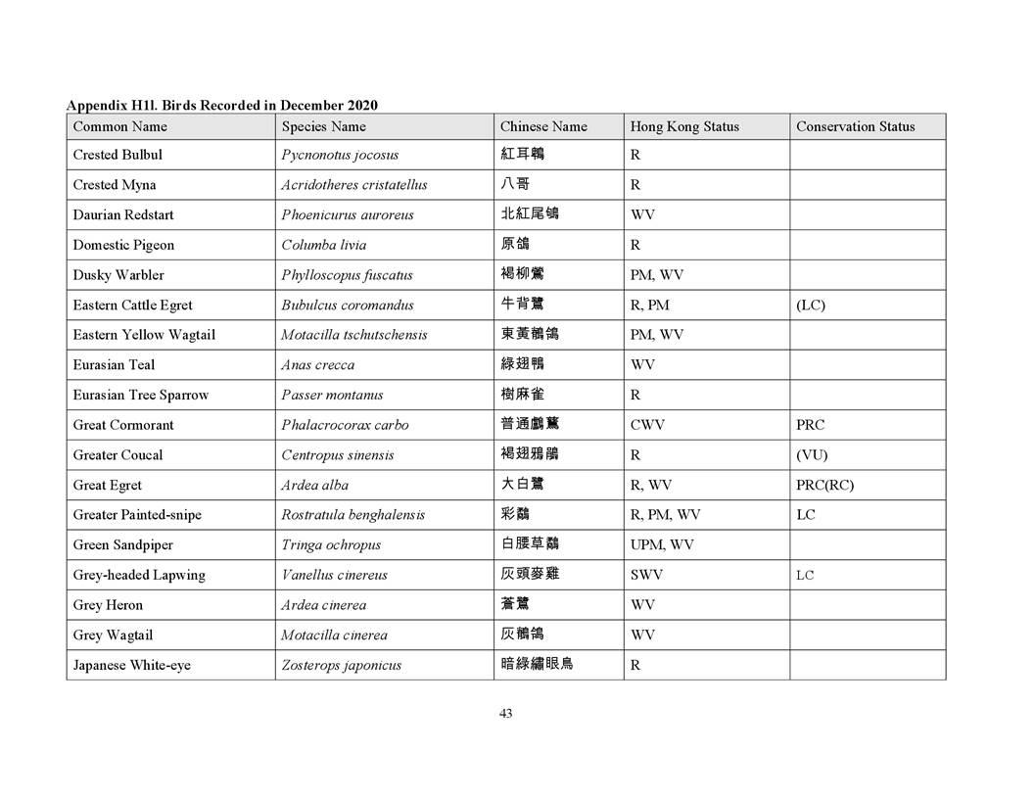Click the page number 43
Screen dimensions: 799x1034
pyautogui.click(x=505, y=714)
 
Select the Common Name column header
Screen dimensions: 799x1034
pyautogui.click(x=119, y=126)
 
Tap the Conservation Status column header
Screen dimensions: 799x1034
pyautogui.click(x=855, y=126)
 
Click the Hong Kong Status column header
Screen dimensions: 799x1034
pyautogui.click(x=684, y=126)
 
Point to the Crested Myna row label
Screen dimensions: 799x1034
pyautogui.click(x=114, y=185)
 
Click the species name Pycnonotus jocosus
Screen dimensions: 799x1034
pyautogui.click(x=340, y=155)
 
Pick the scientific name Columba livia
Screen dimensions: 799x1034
pyautogui.click(x=323, y=245)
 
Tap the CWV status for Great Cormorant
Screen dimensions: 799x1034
pyautogui.click(x=648, y=425)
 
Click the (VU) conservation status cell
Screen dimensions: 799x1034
pyautogui.click(x=812, y=455)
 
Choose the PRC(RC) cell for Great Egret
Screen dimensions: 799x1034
pyautogui.click(x=824, y=485)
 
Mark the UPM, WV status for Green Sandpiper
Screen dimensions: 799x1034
pyautogui.click(x=662, y=544)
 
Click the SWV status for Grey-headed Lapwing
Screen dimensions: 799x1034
pyautogui.click(x=646, y=575)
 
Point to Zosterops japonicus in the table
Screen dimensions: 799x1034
pyautogui.click(x=341, y=665)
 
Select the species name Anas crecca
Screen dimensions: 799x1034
pyautogui.click(x=317, y=365)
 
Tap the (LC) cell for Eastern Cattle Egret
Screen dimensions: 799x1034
pyautogui.click(x=811, y=305)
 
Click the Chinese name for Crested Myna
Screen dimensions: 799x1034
pyautogui.click(x=515, y=184)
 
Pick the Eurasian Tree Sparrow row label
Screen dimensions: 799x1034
pyautogui.click(x=140, y=395)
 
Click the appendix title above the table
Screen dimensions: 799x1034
pyautogui.click(x=221, y=105)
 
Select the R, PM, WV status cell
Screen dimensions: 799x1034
pyautogui.click(x=665, y=515)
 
